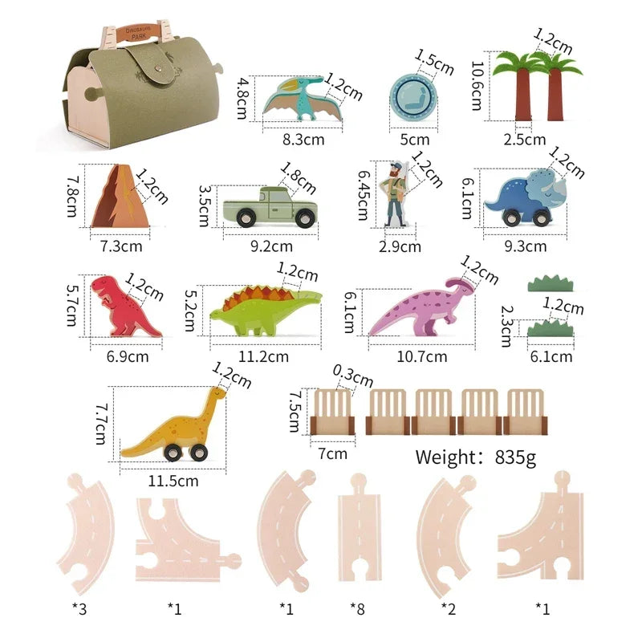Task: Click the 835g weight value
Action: [x=510, y=457]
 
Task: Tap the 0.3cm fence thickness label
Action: [x=354, y=374]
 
